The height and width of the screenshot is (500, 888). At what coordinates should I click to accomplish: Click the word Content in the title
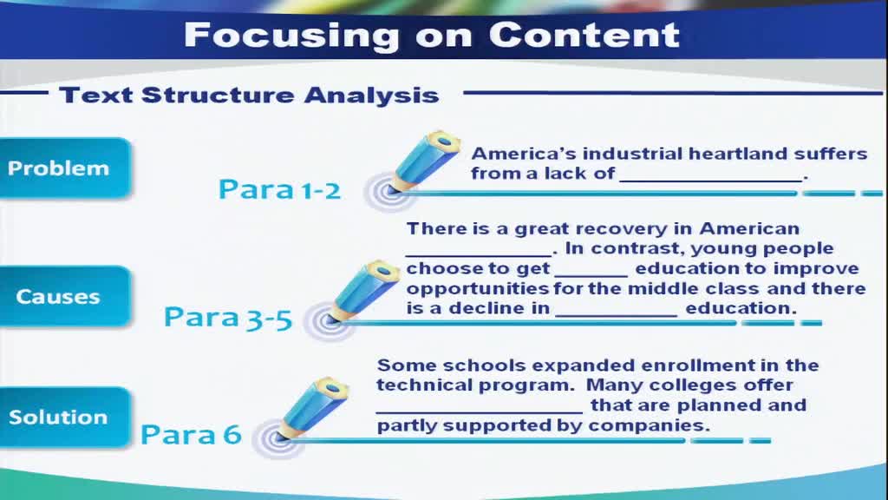point(584,35)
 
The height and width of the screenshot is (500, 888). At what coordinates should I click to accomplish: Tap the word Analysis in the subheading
point(371,95)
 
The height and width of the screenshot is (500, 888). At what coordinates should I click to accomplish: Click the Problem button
point(64,168)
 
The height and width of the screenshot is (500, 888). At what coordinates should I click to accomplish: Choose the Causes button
point(64,297)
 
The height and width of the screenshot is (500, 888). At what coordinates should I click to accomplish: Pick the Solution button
point(64,418)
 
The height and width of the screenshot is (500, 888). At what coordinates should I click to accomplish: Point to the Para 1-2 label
point(279,189)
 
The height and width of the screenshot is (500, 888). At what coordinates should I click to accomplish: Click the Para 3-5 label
point(228,318)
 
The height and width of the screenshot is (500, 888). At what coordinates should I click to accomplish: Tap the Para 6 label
point(191,435)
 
